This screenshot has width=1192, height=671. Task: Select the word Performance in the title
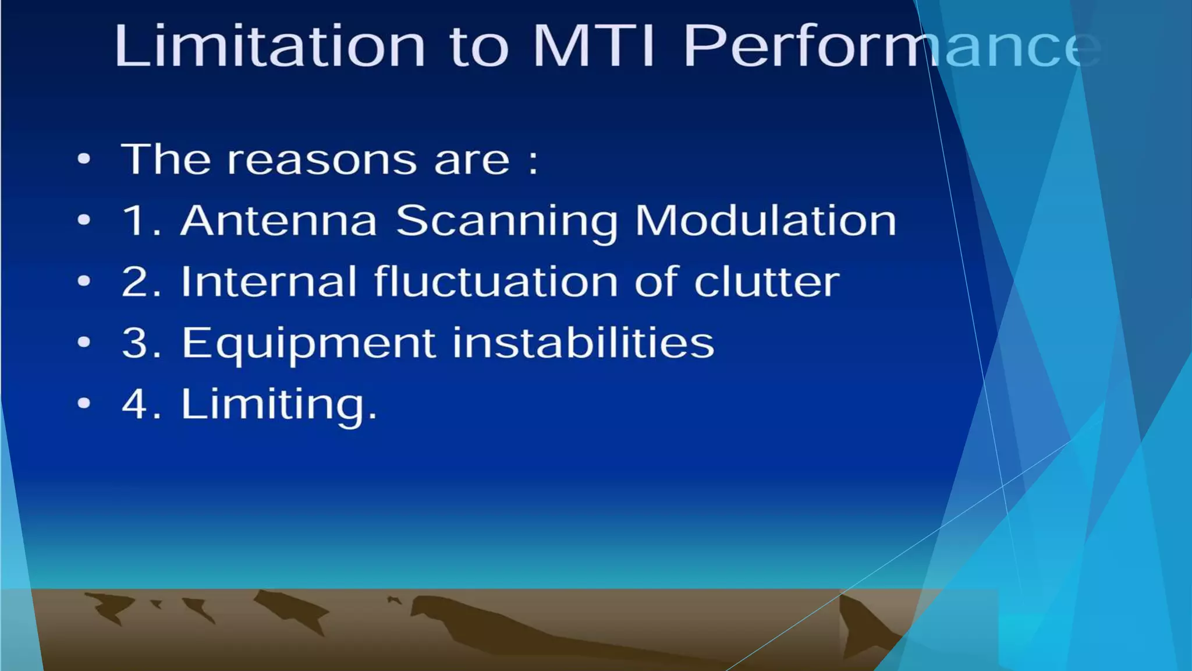click(x=891, y=47)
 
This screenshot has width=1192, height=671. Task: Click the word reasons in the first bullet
click(x=322, y=160)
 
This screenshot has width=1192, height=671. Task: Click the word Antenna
click(x=279, y=221)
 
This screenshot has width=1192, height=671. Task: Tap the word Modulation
click(x=765, y=221)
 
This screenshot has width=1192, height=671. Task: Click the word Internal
click(x=269, y=282)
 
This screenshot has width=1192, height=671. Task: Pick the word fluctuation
click(x=495, y=282)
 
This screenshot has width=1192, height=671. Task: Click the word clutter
click(x=767, y=282)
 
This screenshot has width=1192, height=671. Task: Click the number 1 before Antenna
click(x=134, y=221)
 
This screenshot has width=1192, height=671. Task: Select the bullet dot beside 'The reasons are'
click(x=84, y=159)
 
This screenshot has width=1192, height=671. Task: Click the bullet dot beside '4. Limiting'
click(x=84, y=403)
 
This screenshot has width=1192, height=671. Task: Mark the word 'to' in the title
click(x=479, y=47)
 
